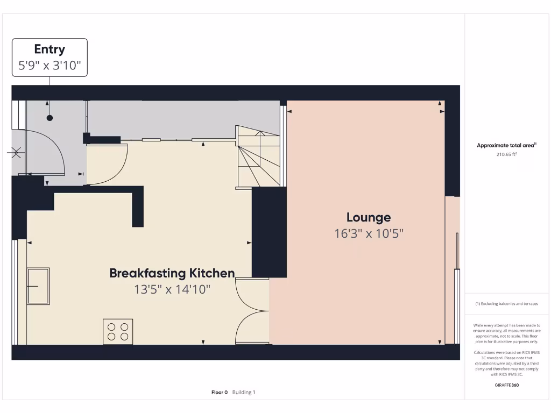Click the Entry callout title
click(x=50, y=49)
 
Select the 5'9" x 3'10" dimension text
click(x=50, y=67)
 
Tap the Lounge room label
click(x=368, y=218)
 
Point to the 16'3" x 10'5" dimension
click(x=368, y=234)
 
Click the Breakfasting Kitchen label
click(x=172, y=273)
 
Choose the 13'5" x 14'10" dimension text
click(x=172, y=289)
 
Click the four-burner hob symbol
click(x=118, y=331)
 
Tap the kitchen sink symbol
click(x=38, y=286)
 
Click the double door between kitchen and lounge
click(x=252, y=311)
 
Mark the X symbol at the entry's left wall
click(x=16, y=153)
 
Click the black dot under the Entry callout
click(x=50, y=118)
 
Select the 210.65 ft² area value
click(x=506, y=154)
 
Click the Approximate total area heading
click(x=506, y=145)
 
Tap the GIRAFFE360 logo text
click(x=506, y=385)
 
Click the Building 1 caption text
click(x=244, y=393)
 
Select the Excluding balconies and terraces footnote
click(x=506, y=304)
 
